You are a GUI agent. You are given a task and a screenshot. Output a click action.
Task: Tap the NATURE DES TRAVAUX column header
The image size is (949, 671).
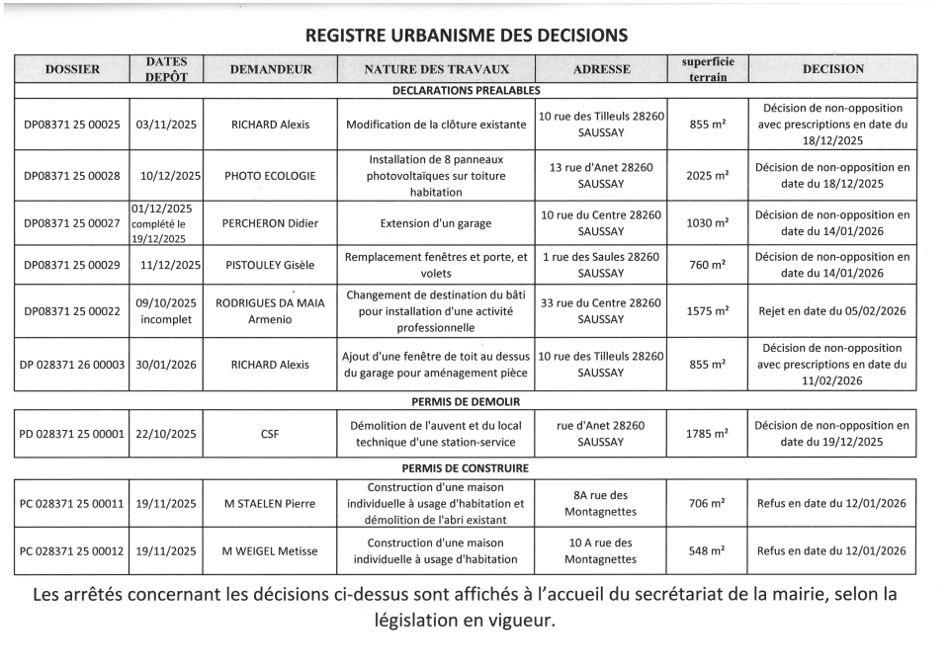pyautogui.click(x=436, y=69)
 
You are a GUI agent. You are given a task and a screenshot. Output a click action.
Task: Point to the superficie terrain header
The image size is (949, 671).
pyautogui.click(x=708, y=69)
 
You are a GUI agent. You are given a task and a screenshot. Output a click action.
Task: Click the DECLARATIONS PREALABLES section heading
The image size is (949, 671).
pyautogui.click(x=466, y=90)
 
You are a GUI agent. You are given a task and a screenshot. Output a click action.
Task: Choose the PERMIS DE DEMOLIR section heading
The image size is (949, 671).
pyautogui.click(x=465, y=402)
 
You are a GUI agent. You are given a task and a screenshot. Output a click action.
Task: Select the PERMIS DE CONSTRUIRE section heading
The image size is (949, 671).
pyautogui.click(x=465, y=468)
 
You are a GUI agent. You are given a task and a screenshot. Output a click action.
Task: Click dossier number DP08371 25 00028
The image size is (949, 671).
pyautogui.click(x=72, y=176)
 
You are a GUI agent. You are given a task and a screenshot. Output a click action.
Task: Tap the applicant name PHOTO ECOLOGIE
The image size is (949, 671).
pyautogui.click(x=270, y=176)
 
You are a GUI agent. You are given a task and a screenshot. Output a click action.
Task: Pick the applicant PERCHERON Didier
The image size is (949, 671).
pyautogui.click(x=270, y=223)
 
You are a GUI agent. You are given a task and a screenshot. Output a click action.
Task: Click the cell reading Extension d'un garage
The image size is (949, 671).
pyautogui.click(x=436, y=223)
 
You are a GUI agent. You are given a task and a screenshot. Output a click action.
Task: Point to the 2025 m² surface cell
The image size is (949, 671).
pyautogui.click(x=708, y=176)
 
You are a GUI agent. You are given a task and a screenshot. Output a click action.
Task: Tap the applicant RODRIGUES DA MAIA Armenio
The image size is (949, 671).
pyautogui.click(x=270, y=311)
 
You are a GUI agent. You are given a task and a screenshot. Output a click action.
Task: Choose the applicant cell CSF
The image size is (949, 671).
pyautogui.click(x=270, y=433)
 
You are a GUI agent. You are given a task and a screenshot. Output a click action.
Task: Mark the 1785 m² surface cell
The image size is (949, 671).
pyautogui.click(x=708, y=433)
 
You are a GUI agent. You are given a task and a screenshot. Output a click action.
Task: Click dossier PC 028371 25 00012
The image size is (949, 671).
pyautogui.click(x=72, y=551)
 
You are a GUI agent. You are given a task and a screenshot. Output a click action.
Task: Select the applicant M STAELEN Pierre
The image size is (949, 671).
pyautogui.click(x=270, y=504)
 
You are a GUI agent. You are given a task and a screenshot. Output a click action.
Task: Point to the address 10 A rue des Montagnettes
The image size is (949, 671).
pyautogui.click(x=600, y=551)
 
